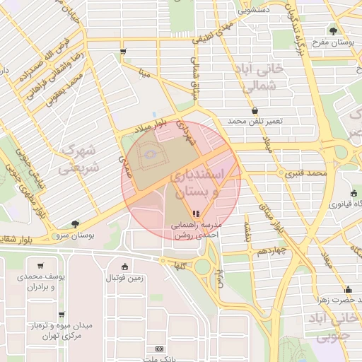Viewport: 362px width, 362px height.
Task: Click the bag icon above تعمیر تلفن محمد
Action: pos(255,110)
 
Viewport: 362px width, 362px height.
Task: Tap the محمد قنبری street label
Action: pos(308,173)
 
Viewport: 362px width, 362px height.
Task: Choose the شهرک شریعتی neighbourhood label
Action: pos(77,159)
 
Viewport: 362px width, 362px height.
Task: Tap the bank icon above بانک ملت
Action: pos(159,348)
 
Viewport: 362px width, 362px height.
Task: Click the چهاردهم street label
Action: pos(271,252)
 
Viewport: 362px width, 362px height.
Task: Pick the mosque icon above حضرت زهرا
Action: pos(347,289)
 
